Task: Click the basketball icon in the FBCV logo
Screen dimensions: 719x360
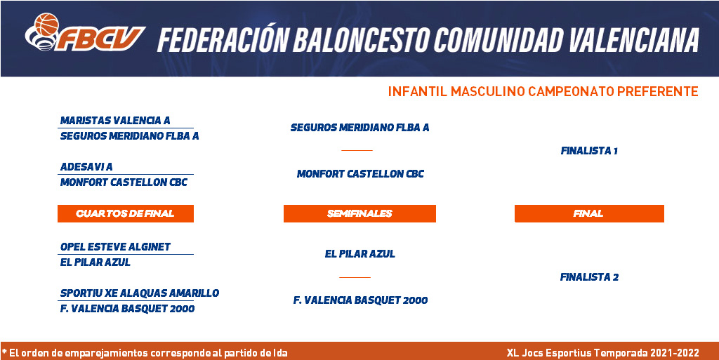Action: pyautogui.click(x=46, y=25)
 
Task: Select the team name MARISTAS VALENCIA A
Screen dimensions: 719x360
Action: pyautogui.click(x=115, y=121)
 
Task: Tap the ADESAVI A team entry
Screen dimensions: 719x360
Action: pyautogui.click(x=86, y=167)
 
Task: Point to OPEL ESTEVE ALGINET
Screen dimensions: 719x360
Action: pyautogui.click(x=115, y=247)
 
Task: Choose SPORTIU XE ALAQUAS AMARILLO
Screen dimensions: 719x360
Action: pyautogui.click(x=140, y=293)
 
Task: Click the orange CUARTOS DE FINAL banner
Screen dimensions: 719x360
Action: pyautogui.click(x=126, y=213)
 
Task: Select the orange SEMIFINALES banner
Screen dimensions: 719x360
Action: pyautogui.click(x=359, y=213)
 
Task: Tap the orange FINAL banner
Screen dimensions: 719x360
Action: pyautogui.click(x=589, y=213)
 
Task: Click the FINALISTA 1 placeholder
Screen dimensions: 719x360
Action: pyautogui.click(x=589, y=151)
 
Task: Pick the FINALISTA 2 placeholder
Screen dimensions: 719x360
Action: pyautogui.click(x=589, y=277)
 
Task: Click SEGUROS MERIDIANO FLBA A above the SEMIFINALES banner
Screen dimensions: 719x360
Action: pyautogui.click(x=360, y=128)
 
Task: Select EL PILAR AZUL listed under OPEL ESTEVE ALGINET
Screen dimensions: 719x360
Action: pyautogui.click(x=95, y=262)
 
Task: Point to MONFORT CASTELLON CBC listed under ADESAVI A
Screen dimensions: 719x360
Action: pyautogui.click(x=124, y=182)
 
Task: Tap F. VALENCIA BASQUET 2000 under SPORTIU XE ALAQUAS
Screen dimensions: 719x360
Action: pyautogui.click(x=128, y=309)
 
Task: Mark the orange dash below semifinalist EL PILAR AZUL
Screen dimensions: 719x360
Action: pyautogui.click(x=355, y=277)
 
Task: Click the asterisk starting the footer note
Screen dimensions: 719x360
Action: pyautogui.click(x=4, y=352)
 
